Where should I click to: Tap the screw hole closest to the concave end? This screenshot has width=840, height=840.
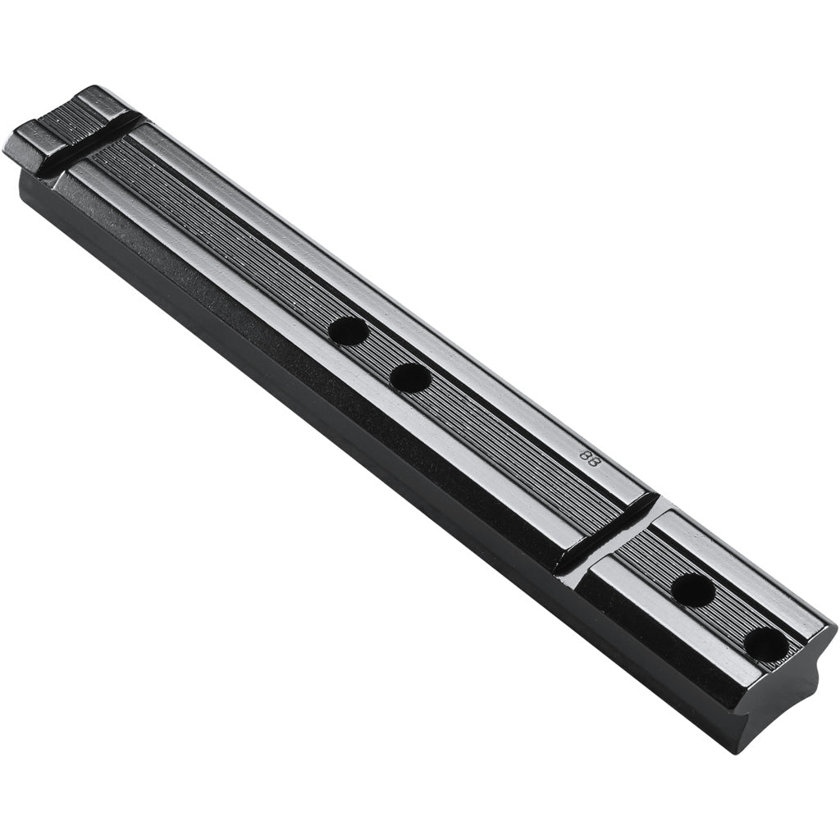[x=767, y=644]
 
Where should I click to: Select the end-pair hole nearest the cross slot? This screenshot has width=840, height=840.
[x=692, y=589]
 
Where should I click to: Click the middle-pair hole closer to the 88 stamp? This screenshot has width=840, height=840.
[x=410, y=377]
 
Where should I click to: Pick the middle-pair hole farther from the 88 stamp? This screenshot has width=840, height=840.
[x=348, y=331]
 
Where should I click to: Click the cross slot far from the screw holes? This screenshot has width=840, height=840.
[x=98, y=148]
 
